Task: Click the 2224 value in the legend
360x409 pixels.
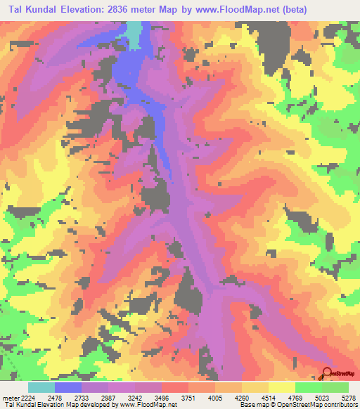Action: click(27, 398)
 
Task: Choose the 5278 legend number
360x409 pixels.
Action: click(347, 398)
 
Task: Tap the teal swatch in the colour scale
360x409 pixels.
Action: click(41, 387)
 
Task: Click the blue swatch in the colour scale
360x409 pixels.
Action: click(67, 387)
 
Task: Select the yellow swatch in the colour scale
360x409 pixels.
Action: click(281, 387)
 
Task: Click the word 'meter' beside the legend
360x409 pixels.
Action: click(11, 398)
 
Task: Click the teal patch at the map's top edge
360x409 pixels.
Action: click(134, 34)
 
